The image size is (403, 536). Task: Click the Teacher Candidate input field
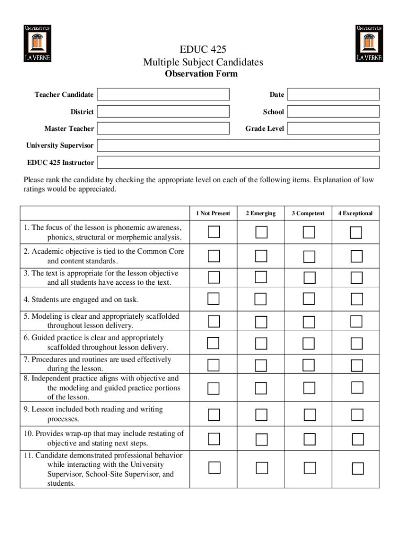click(163, 94)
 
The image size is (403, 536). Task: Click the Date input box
click(333, 94)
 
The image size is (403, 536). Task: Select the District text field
click(163, 111)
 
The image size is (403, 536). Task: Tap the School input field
click(333, 111)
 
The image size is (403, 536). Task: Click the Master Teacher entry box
click(163, 128)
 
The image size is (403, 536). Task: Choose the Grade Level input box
click(333, 128)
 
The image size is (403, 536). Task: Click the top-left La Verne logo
click(37, 43)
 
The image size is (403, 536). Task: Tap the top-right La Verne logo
click(370, 43)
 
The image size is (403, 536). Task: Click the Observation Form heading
click(201, 74)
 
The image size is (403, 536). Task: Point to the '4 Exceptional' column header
click(355, 214)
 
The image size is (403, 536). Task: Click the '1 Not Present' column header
click(213, 214)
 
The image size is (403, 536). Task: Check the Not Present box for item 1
click(214, 232)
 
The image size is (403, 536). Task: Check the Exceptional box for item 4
click(356, 299)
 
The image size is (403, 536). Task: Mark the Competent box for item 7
click(309, 365)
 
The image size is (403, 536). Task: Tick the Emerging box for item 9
click(261, 415)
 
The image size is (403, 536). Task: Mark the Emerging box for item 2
click(261, 256)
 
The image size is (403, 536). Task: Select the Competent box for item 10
click(309, 439)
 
